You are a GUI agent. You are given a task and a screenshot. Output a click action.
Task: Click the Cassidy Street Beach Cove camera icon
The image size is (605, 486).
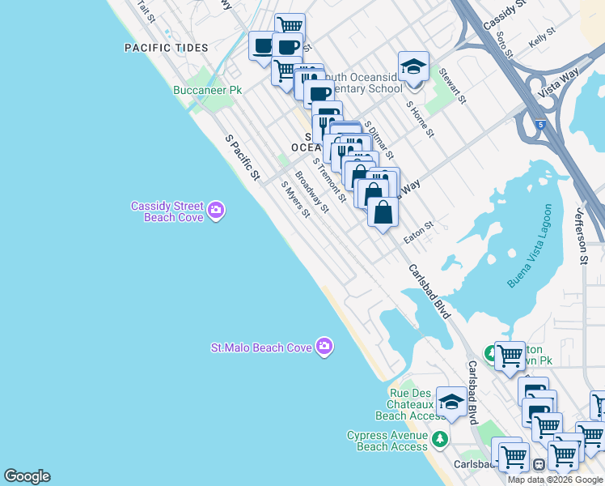[x=216, y=211]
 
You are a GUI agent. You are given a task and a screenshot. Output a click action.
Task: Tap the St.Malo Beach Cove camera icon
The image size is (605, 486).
[x=324, y=347]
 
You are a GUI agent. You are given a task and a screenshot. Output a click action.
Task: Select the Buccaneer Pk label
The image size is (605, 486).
[x=208, y=91]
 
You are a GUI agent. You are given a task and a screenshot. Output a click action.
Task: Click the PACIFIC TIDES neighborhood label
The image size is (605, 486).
[x=166, y=48]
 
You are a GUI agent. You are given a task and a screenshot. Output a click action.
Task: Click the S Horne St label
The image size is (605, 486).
[x=421, y=119]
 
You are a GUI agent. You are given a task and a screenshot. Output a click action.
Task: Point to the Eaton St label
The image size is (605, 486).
[x=419, y=232]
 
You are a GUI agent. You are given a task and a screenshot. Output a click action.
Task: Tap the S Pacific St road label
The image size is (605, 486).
[x=243, y=158]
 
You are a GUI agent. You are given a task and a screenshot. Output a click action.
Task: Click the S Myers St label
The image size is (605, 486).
[x=295, y=199]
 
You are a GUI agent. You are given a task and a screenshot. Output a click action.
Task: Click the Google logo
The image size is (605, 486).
[x=27, y=476]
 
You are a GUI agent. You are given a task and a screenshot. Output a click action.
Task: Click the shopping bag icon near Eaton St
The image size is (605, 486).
[x=383, y=212]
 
